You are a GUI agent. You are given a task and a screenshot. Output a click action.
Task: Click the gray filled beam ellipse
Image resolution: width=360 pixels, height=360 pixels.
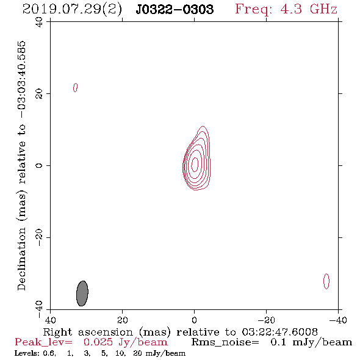coord(82,293)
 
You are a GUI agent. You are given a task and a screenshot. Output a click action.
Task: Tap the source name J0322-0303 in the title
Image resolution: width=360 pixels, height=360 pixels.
coord(175,9)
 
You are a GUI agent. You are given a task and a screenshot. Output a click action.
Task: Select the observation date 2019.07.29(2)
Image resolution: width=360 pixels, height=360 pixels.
coord(72,9)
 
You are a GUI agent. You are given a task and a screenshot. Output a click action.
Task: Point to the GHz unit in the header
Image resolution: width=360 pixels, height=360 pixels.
coord(323,9)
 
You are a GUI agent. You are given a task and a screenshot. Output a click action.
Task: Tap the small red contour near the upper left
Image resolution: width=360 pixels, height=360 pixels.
coord(75,87)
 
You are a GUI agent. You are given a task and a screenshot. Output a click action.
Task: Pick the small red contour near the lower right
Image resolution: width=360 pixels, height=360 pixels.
coord(326,281)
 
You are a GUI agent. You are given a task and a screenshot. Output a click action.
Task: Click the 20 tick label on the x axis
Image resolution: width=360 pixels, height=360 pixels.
coord(123,320)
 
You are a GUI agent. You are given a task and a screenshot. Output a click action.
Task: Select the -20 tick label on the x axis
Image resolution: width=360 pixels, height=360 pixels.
coord(266,320)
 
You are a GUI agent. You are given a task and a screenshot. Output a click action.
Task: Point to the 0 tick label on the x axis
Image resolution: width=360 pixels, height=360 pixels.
coord(194,320)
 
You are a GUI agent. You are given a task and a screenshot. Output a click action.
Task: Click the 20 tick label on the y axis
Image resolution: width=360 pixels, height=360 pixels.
coord(39,94)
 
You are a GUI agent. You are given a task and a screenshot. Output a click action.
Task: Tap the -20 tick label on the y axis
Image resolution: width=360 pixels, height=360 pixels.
coord(39,237)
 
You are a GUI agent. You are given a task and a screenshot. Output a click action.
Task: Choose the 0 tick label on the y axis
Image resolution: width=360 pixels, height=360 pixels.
coord(39,165)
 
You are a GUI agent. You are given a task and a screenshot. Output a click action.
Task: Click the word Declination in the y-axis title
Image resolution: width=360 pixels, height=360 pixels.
coord(22,259)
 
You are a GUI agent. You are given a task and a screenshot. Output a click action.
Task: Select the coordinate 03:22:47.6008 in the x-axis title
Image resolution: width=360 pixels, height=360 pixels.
coord(279,332)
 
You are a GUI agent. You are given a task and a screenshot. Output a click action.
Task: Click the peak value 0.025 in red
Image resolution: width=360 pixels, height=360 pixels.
coord(98,342)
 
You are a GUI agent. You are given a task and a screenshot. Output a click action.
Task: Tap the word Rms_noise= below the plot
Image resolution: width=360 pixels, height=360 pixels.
coord(225,342)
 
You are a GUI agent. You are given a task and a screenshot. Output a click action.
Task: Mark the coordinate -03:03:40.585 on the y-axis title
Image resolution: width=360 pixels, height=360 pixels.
coord(22,80)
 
